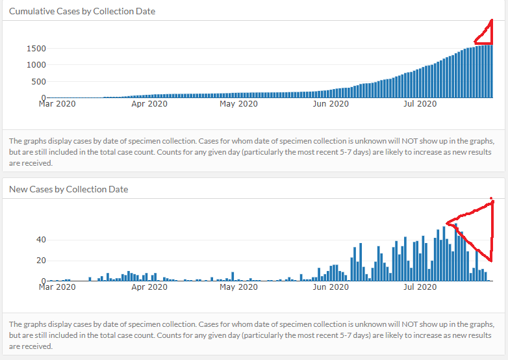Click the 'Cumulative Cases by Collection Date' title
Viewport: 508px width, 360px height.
(82, 11)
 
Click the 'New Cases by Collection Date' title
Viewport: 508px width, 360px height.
(68, 189)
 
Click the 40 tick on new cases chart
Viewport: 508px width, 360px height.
(40, 240)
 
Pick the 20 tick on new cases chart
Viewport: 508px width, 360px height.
(40, 261)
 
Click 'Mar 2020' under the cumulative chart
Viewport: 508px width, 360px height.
(57, 103)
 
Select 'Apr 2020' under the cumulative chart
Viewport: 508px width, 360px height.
(149, 103)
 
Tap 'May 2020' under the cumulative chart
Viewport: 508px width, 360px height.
(239, 103)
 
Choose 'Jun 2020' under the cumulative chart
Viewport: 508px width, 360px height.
(331, 103)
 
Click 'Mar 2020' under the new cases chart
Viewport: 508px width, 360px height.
(57, 286)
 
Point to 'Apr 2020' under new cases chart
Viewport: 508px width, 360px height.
(149, 286)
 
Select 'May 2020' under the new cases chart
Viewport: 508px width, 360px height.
(239, 286)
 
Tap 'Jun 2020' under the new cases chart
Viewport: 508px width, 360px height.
(331, 286)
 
